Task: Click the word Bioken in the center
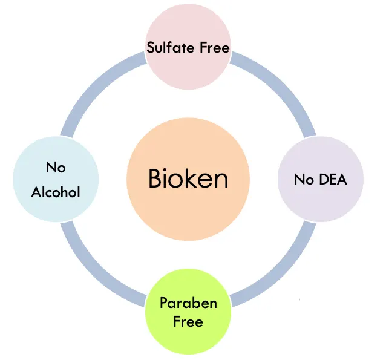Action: tap(188, 179)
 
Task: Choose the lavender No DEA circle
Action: tap(320, 179)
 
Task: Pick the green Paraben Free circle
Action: tap(188, 311)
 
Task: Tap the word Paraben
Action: tap(188, 303)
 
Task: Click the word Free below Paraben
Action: tap(188, 321)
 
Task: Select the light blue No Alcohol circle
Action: tap(56, 179)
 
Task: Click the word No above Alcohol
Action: tap(56, 168)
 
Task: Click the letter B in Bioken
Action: tap(155, 179)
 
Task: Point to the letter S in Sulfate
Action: tap(151, 47)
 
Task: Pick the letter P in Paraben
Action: tap(163, 303)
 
